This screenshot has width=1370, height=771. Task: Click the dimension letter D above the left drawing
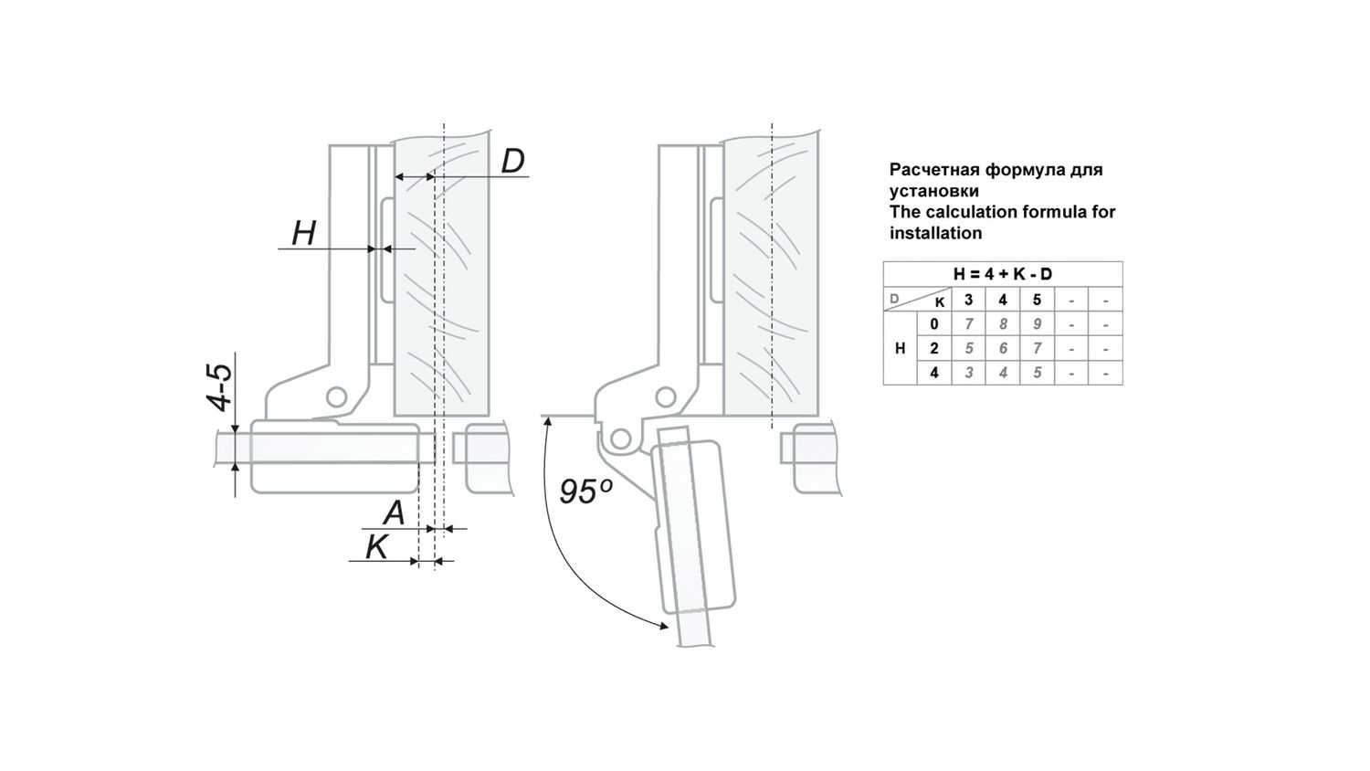pos(512,162)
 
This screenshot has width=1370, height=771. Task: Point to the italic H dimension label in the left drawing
pos(304,234)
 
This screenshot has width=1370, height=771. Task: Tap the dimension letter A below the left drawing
pos(395,512)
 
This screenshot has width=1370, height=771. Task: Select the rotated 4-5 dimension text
pos(219,386)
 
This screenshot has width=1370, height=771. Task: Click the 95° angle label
pos(585,491)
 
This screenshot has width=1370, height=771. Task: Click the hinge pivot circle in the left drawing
pos(336,397)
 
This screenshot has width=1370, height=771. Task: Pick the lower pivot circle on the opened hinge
pos(621,438)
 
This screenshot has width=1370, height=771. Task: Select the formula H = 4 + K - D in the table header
pos(1003,274)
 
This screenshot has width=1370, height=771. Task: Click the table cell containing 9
pos(1037,323)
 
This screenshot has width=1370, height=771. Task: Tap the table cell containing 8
pos(1003,323)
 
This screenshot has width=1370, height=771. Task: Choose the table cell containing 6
pos(1003,348)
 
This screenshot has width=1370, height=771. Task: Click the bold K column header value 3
pos(969,300)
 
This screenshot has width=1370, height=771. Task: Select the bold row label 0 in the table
pos(934,323)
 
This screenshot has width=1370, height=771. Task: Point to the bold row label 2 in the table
pos(934,348)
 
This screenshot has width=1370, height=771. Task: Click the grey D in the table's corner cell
pos(895,299)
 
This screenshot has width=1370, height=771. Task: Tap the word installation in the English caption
pos(936,233)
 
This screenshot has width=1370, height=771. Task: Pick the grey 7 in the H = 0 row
pos(969,323)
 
